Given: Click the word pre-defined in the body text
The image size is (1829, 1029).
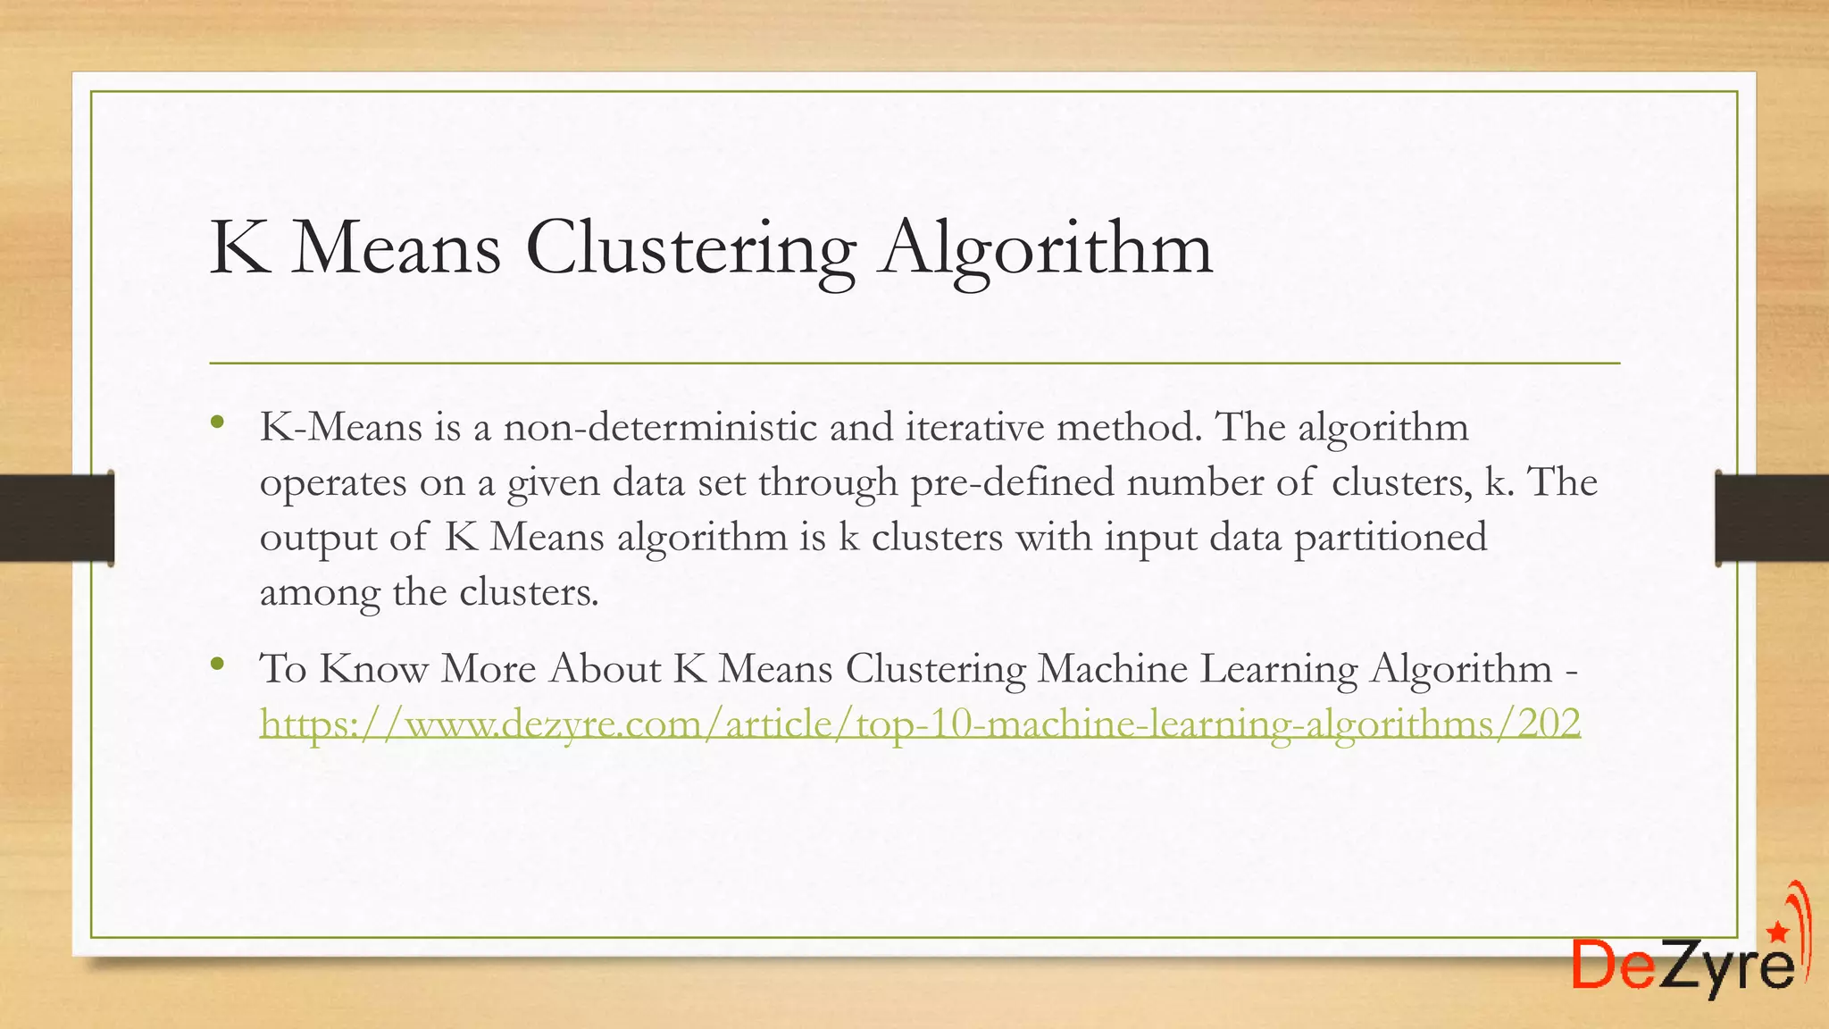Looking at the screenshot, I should [x=1012, y=482].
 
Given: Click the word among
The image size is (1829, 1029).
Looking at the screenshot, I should [x=319, y=593].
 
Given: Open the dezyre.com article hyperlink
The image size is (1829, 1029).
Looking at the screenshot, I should [x=920, y=724].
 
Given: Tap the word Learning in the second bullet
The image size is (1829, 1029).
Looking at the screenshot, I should [x=1278, y=670].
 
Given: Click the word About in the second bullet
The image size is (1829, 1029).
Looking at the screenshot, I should [x=605, y=668].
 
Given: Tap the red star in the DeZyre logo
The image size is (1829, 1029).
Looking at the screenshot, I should [x=1777, y=933].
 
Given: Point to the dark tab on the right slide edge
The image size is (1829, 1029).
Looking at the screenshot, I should [x=1772, y=518].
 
